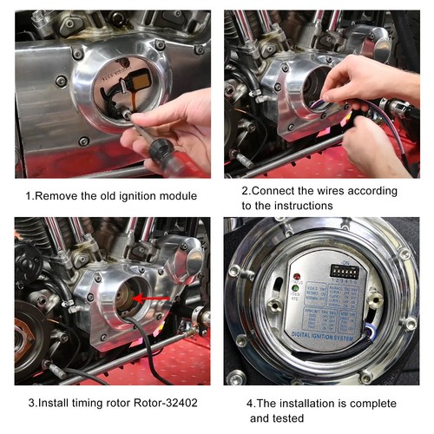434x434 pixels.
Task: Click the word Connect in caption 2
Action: pyautogui.click(x=279, y=190)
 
